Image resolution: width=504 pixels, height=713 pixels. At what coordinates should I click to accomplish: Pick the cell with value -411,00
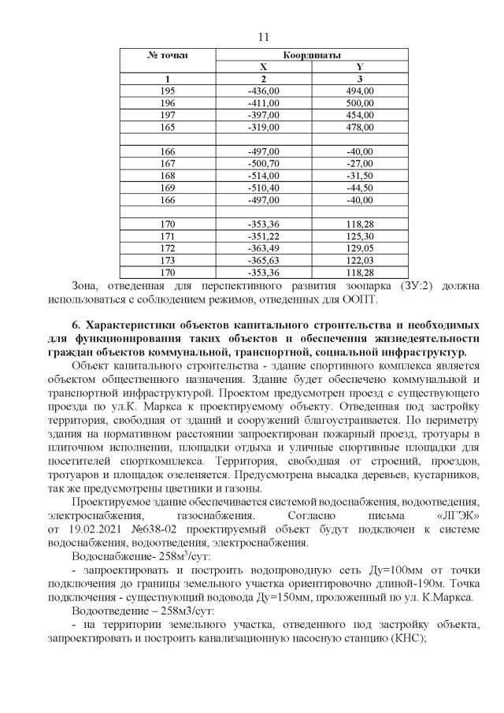pyautogui.click(x=264, y=103)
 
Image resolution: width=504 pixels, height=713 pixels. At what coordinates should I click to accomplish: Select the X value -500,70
pyautogui.click(x=264, y=164)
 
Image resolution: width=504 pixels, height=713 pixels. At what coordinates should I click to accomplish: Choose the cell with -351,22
pyautogui.click(x=264, y=236)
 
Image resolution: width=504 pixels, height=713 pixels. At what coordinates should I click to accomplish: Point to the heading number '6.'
pyautogui.click(x=76, y=325)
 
